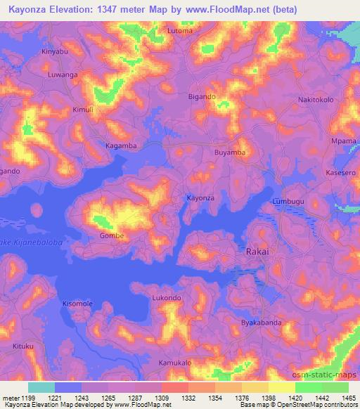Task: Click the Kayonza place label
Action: tap(200, 198)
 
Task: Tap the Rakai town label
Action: tap(258, 250)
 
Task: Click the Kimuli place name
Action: tap(83, 110)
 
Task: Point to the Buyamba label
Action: tap(230, 152)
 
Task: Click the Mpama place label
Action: tap(344, 141)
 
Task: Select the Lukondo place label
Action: tap(167, 298)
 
